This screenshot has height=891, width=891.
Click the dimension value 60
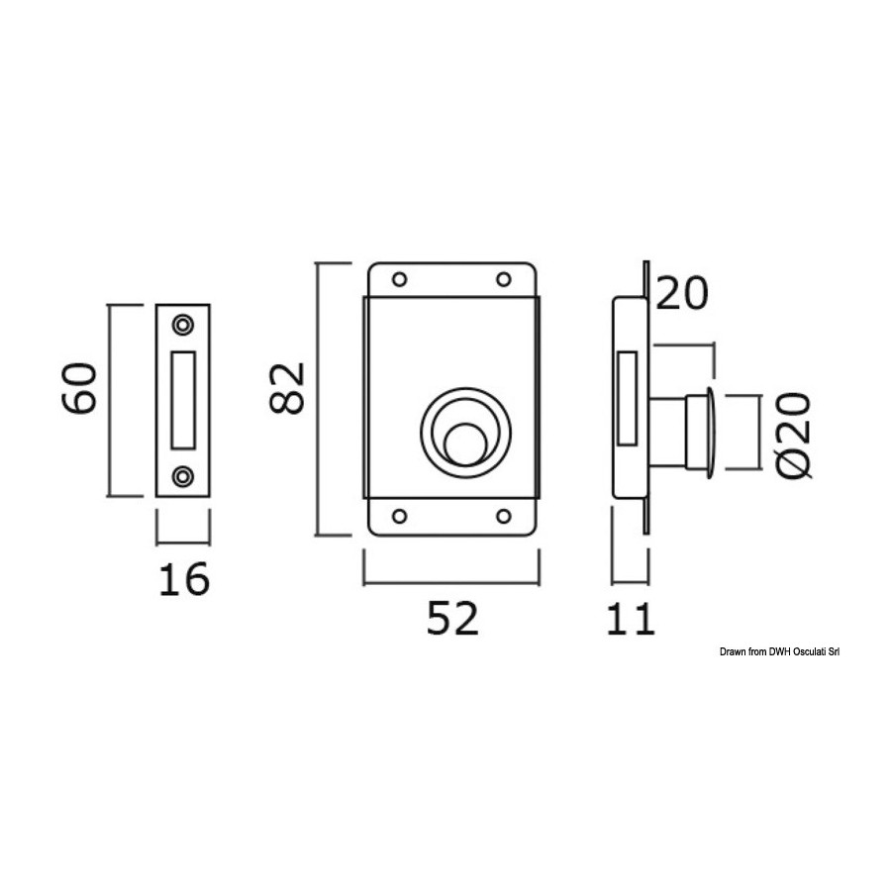pos(79,388)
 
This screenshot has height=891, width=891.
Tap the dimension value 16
pos(184,579)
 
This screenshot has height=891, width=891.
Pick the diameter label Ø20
pos(794,435)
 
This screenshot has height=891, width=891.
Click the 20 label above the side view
pos(682,293)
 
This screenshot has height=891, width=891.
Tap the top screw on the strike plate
pos(183,325)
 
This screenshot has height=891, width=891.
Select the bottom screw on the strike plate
pos(183,476)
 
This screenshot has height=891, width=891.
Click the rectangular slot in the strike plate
pos(183,400)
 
